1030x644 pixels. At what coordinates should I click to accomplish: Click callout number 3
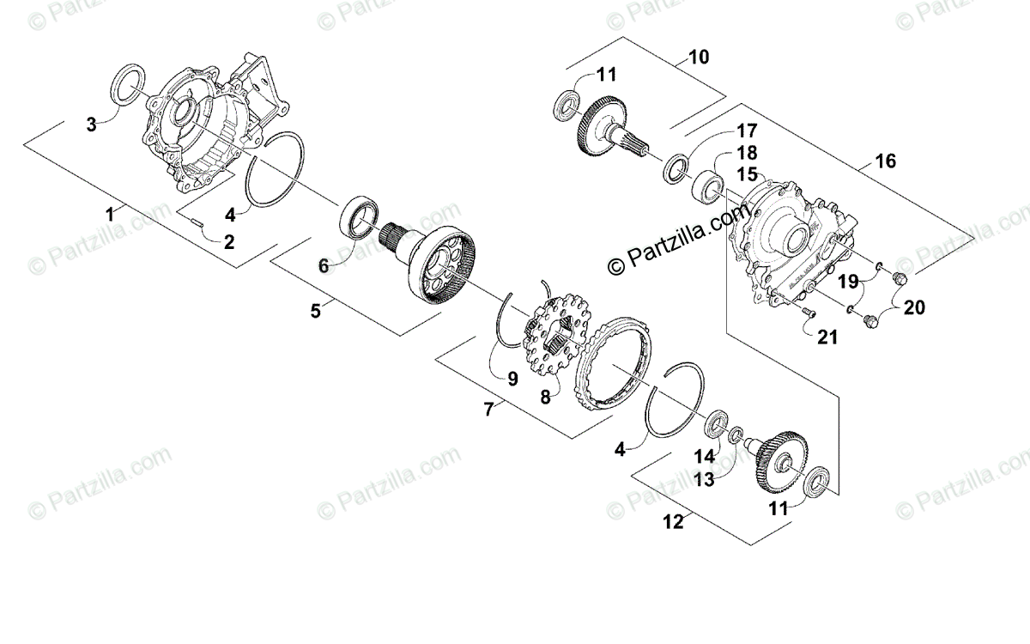coord(92,125)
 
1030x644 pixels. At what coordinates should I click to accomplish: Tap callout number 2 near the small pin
coord(228,242)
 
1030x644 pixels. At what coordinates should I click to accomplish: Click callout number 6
coord(324,266)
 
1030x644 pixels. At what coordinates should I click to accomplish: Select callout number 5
coord(316,311)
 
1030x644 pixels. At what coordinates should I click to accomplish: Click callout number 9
coord(512,377)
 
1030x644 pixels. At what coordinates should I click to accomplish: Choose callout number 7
coord(488,410)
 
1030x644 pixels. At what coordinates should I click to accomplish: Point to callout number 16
coord(885,161)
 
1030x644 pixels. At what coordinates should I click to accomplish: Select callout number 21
coord(827,337)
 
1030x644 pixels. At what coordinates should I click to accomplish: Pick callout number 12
coord(674,520)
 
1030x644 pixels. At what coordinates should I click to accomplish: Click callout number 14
coord(704,456)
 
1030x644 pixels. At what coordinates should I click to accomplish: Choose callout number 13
coord(704,480)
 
